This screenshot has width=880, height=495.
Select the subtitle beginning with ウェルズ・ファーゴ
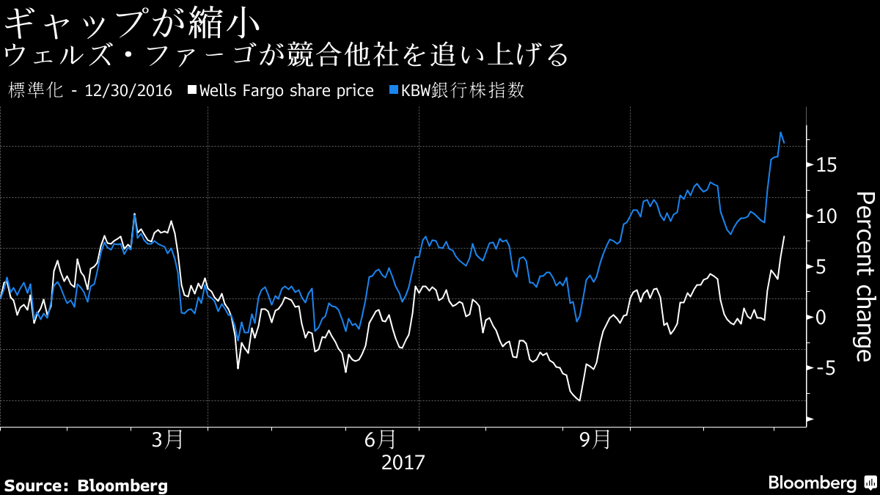coord(286,55)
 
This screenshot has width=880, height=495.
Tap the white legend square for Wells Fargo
coord(192,90)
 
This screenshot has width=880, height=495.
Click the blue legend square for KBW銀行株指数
coord(392,90)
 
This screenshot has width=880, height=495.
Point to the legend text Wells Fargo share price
coord(286,91)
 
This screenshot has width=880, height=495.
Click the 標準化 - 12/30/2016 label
coord(89,91)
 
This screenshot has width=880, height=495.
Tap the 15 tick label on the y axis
coord(826,166)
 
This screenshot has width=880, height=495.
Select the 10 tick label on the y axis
coord(826,216)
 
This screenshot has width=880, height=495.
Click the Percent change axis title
coord(866,276)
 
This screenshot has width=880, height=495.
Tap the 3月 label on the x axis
coord(168,440)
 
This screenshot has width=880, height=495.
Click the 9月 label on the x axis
coord(595,440)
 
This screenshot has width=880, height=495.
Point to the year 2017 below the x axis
coord(403,463)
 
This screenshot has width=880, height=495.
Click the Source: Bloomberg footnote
coord(87,485)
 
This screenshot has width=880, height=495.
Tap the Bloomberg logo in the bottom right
coord(821,483)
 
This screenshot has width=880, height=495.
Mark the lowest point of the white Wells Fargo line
coord(579,400)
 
